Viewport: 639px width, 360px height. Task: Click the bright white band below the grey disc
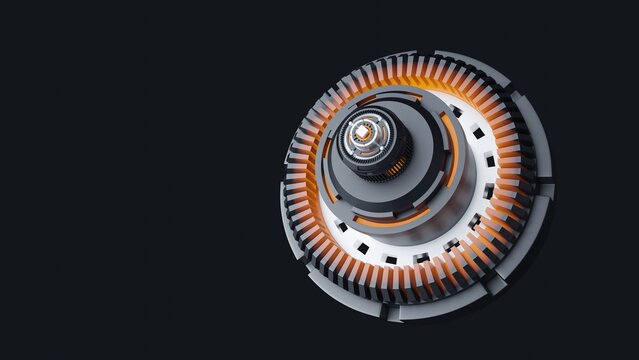tap(400, 240)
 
